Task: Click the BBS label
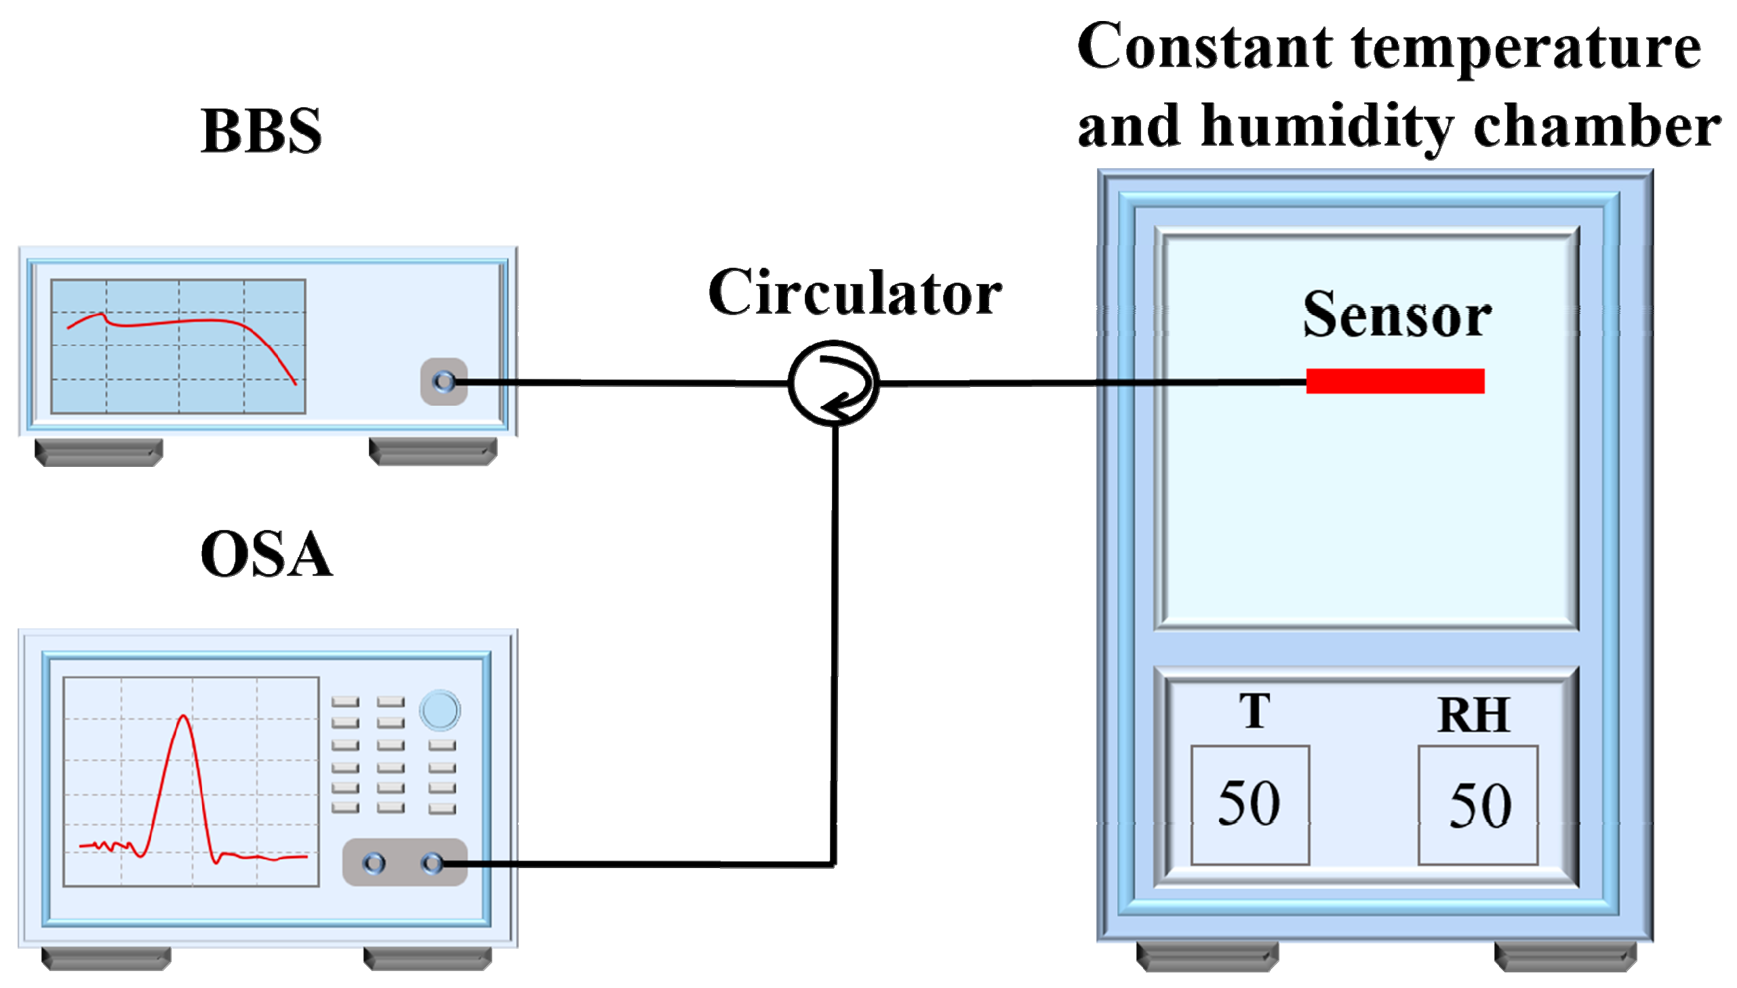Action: (x=261, y=130)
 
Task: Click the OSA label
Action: (x=266, y=554)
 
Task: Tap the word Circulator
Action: (x=854, y=293)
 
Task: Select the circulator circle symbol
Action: (x=833, y=384)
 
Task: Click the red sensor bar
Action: (x=1395, y=381)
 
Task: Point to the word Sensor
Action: (x=1396, y=315)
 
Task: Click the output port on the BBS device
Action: (x=444, y=382)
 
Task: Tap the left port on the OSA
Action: (x=374, y=863)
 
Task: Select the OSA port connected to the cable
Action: (x=433, y=863)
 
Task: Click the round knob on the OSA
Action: (x=440, y=710)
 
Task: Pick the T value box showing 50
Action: (x=1249, y=805)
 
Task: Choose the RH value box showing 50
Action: (x=1477, y=805)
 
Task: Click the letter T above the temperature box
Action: (x=1254, y=711)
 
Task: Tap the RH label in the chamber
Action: (x=1473, y=715)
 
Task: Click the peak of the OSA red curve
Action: (x=183, y=716)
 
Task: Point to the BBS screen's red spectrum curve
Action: (x=176, y=322)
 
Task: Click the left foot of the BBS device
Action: (x=99, y=452)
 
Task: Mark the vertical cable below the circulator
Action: (x=834, y=644)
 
